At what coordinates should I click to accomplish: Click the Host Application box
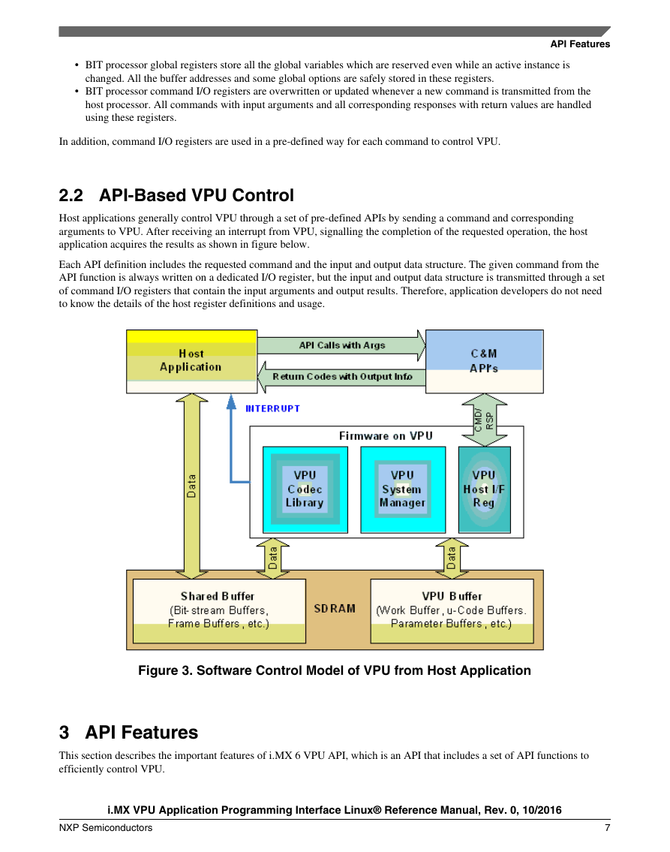coord(191,361)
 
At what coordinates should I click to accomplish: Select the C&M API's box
coord(485,361)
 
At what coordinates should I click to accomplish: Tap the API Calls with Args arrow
coord(341,345)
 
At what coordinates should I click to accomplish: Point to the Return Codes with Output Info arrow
coord(341,377)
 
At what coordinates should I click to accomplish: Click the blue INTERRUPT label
coord(272,408)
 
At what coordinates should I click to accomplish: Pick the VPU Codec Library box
coord(305,489)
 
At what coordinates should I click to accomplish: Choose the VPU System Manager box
coord(403,489)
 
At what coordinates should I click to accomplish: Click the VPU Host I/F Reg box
coord(485,489)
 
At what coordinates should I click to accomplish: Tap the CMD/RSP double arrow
coord(485,420)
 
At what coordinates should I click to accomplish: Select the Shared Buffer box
coord(219,611)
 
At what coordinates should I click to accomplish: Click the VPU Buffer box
coord(452,611)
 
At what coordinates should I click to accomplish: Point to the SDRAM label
coord(335,609)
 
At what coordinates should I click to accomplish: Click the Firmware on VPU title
coord(386,436)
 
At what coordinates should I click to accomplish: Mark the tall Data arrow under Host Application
coord(191,486)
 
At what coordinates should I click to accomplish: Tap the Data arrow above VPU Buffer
coord(452,558)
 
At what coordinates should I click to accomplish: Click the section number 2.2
coord(71,195)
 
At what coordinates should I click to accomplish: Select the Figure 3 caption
coord(335,670)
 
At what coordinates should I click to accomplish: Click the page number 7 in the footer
coord(608,827)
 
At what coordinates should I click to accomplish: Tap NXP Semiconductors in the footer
coord(106,827)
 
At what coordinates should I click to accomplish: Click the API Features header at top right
coord(580,44)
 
